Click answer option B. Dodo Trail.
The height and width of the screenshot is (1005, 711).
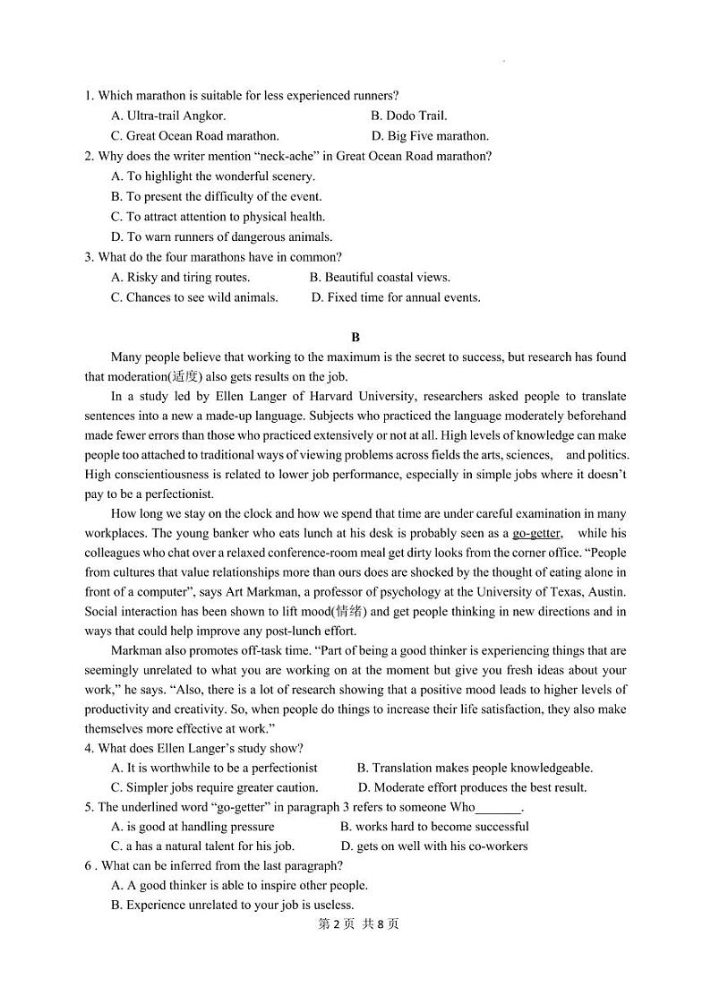point(408,116)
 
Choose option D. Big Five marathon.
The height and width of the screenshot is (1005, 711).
point(430,136)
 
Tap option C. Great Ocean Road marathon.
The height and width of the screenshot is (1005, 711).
point(195,136)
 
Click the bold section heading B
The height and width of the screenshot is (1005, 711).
point(355,337)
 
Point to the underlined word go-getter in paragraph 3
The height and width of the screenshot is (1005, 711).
point(536,533)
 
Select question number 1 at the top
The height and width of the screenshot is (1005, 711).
point(89,95)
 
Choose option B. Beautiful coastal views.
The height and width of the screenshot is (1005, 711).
point(380,278)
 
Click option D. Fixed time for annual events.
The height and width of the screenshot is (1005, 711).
point(396,297)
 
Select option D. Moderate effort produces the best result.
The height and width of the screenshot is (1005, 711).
point(472,787)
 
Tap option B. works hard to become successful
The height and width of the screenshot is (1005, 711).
point(434,826)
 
